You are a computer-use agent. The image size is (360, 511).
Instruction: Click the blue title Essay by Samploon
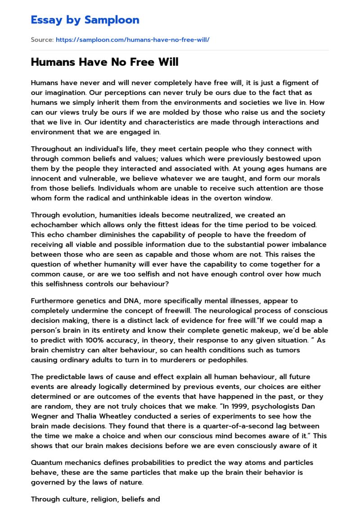(x=85, y=20)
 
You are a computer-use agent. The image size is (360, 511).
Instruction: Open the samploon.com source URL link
(x=133, y=40)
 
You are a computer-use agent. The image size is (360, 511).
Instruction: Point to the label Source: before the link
(x=42, y=40)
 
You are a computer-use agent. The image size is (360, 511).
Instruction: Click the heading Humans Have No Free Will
(x=104, y=62)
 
